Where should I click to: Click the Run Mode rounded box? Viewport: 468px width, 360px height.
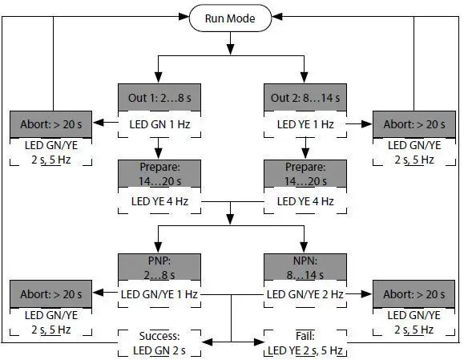231,17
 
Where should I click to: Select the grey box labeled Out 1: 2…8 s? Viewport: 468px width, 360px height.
157,99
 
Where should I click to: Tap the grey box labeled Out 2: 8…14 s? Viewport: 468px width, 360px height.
305,99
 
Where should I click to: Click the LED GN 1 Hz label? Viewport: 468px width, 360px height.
157,124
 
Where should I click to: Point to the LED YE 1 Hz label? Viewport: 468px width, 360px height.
305,124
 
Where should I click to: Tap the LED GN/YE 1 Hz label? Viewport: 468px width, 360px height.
157,293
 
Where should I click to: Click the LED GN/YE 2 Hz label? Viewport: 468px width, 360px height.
305,293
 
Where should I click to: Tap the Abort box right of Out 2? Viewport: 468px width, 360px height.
414,124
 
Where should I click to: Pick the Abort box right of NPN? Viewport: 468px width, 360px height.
414,293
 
